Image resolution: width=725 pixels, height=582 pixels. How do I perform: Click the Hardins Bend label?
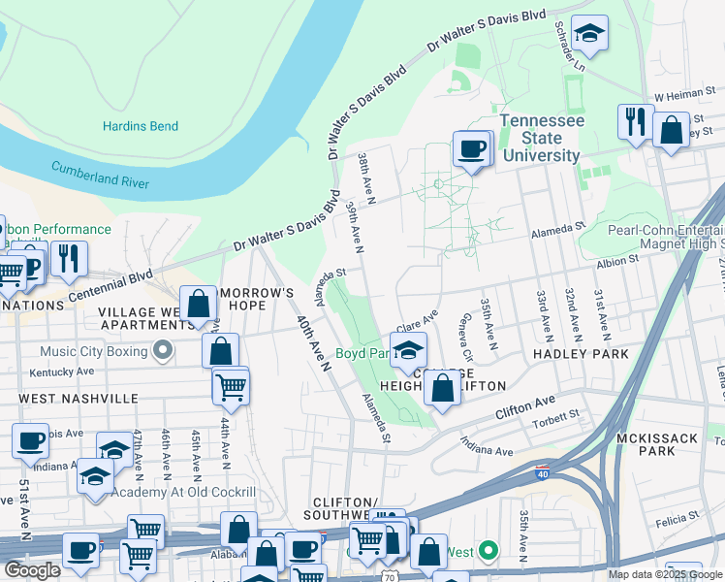(140, 126)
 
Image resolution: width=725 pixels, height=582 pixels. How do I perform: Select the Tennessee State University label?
(541, 138)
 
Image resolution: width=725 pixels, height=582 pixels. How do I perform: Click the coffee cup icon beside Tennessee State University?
(472, 148)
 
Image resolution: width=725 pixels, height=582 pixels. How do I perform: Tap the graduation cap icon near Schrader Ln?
(588, 34)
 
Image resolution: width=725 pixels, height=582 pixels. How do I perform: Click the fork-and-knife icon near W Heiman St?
(635, 121)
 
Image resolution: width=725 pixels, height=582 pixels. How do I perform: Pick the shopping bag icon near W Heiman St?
(670, 129)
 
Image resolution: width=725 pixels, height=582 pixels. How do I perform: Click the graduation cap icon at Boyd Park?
(408, 350)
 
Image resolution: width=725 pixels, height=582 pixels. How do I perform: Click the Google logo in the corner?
(32, 570)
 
